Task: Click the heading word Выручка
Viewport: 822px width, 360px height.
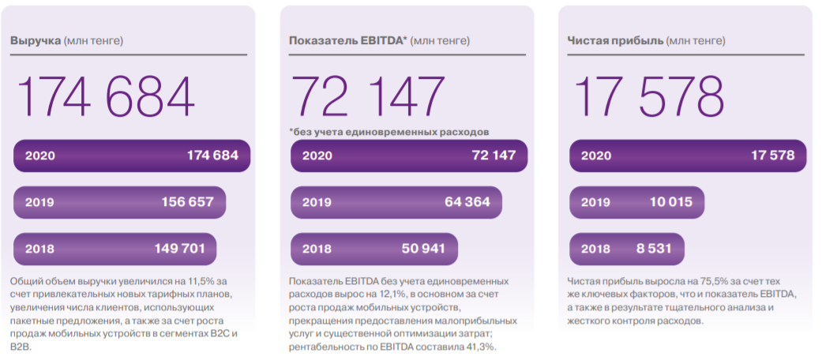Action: [x=36, y=40]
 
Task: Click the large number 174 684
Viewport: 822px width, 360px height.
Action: [x=105, y=97]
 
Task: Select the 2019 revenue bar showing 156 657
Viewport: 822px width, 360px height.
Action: [x=119, y=202]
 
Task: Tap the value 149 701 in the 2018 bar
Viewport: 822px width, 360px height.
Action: [x=180, y=249]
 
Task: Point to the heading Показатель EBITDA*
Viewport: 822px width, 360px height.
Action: [x=347, y=40]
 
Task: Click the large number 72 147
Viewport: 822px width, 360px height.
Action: [x=369, y=97]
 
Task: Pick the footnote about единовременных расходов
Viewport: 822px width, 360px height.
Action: [x=389, y=131]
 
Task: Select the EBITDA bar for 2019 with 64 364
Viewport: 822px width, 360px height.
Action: [x=396, y=202]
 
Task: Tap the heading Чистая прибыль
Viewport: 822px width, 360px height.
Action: [x=614, y=40]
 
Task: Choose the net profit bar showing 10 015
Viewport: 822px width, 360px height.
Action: [x=636, y=202]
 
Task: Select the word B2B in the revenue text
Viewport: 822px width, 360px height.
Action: [x=21, y=347]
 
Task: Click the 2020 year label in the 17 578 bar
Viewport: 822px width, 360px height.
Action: [x=596, y=156]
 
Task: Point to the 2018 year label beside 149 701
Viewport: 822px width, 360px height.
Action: [x=39, y=249]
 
